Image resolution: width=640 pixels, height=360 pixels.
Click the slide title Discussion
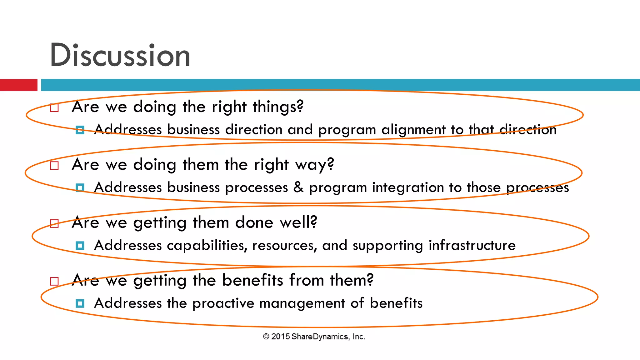[120, 55]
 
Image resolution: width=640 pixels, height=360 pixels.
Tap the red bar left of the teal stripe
[18, 85]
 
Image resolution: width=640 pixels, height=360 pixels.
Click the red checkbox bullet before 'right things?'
[54, 108]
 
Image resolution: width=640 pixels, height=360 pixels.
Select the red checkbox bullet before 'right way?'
[54, 166]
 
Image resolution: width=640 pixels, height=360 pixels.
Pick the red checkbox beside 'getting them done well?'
[54, 223]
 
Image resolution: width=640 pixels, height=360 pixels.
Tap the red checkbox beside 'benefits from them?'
[54, 281]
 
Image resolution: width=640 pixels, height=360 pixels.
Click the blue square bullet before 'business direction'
[80, 130]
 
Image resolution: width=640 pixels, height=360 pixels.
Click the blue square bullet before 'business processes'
[80, 188]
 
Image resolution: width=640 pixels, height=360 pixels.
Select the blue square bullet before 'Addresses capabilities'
[80, 246]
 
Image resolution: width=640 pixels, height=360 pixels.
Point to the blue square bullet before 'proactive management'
[80, 303]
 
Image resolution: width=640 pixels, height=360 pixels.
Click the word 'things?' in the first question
[278, 107]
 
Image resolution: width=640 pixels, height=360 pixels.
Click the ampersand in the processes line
[298, 187]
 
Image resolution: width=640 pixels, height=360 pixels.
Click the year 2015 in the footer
[280, 337]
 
